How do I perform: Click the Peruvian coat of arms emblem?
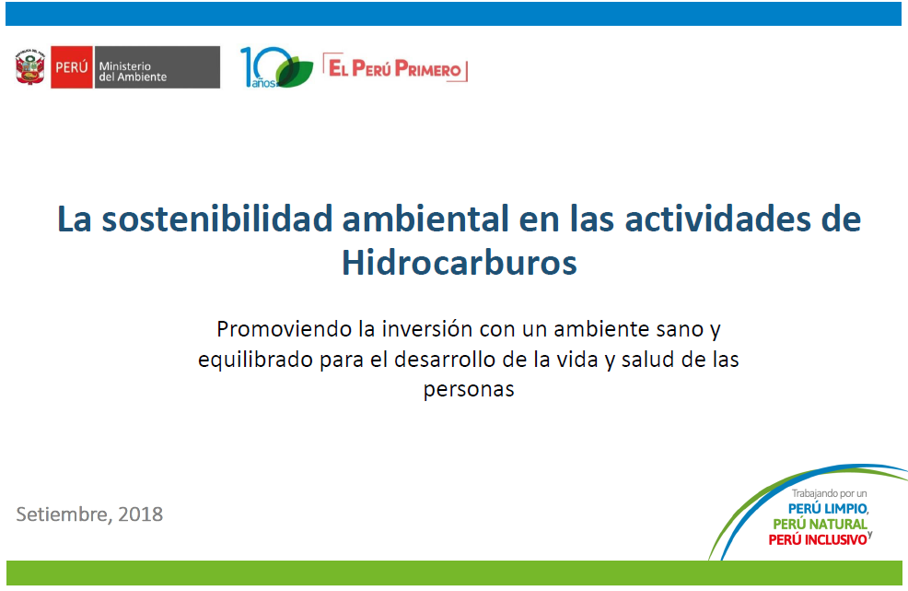coord(29,67)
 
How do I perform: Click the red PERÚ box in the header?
coord(72,67)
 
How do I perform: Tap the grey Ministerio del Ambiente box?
coord(157,67)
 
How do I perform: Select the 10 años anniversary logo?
coord(276,67)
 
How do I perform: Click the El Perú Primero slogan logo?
coord(395,68)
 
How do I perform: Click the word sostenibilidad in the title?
coord(217,219)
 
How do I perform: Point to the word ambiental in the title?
coord(425,219)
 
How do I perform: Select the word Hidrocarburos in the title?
coord(460,263)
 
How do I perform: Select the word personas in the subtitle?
coord(469,389)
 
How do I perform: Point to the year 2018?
coord(140,514)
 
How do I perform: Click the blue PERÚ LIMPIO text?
coord(828,509)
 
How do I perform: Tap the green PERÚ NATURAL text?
coord(820,525)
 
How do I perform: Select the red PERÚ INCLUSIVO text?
coord(818,540)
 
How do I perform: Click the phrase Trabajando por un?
coord(829,493)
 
